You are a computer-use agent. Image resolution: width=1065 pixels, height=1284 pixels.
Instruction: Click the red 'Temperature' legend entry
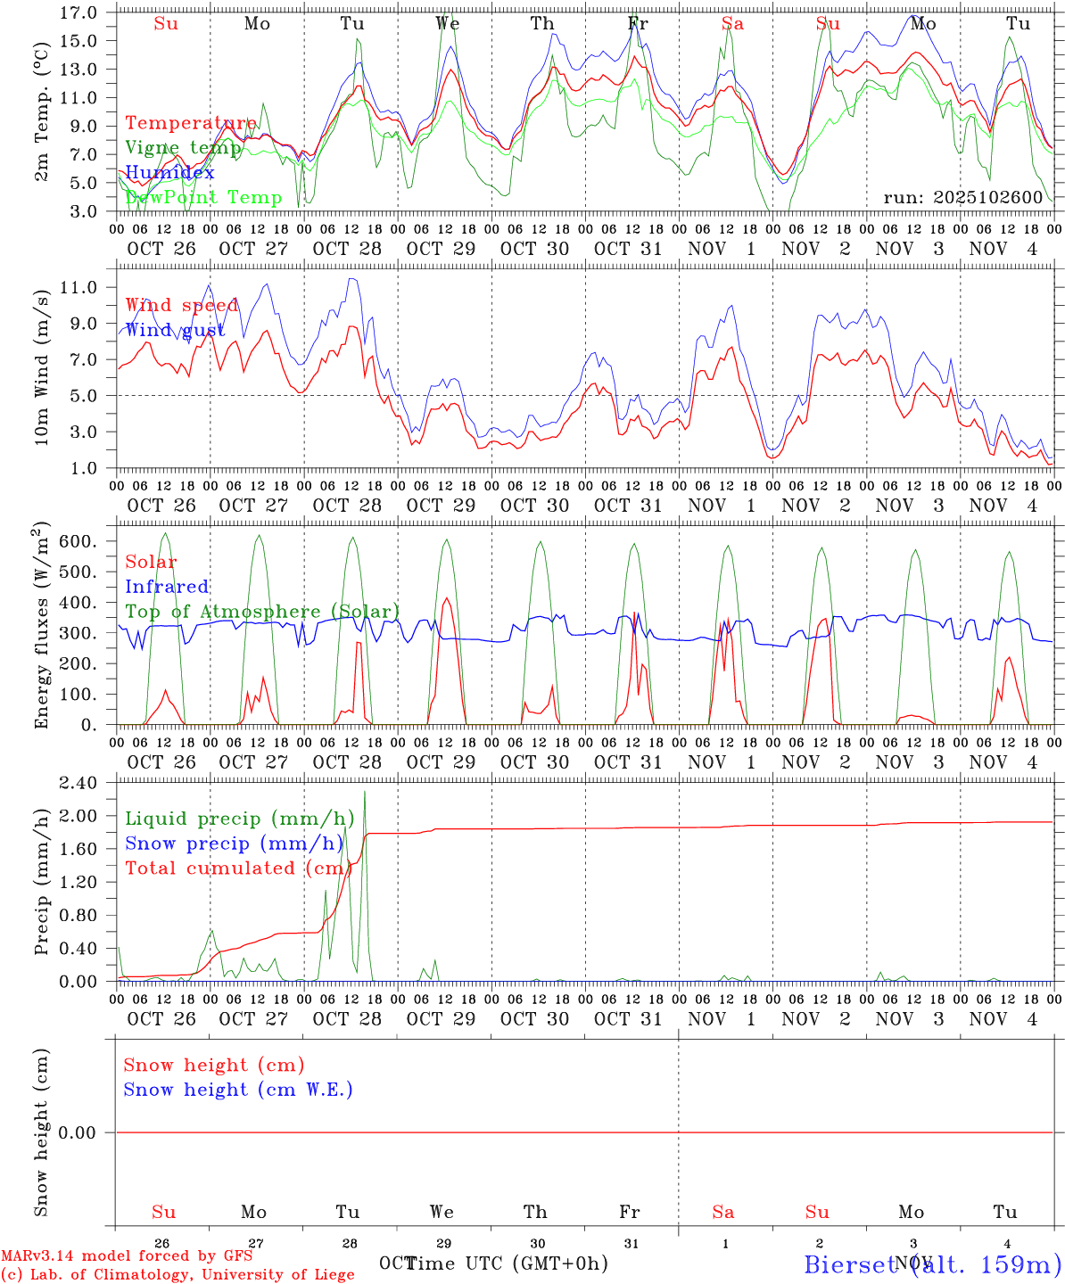coord(191,123)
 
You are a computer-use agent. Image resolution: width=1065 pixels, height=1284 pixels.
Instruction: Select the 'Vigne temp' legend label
coord(184,148)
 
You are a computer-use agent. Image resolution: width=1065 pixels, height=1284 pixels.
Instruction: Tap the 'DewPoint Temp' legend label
coord(203,197)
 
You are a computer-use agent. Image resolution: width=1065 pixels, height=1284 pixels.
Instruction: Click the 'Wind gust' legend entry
coord(176,330)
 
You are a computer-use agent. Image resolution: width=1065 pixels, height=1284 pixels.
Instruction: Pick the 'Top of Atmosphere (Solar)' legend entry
coord(262,612)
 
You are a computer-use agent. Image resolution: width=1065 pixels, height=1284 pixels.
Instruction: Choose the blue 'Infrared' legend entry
coord(167,587)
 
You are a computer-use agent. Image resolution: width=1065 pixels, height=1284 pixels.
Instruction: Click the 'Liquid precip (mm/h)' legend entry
coord(240,819)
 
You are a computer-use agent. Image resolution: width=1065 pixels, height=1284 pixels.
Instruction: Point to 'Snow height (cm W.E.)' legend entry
coord(238,1090)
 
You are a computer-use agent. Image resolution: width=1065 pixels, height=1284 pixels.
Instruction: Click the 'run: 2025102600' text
coord(963,197)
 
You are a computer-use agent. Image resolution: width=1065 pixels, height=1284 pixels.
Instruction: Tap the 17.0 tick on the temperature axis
coord(78,12)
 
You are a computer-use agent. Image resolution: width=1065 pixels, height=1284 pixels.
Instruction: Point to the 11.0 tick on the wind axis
coord(78,287)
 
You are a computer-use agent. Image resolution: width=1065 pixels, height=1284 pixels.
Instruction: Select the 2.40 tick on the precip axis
coord(78,783)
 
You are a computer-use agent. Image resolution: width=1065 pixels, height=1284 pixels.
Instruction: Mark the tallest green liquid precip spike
coord(364,794)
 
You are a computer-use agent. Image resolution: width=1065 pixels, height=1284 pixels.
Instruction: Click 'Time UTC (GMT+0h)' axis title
coord(507,1263)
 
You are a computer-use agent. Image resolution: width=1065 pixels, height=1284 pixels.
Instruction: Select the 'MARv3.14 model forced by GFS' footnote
coord(127,1256)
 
